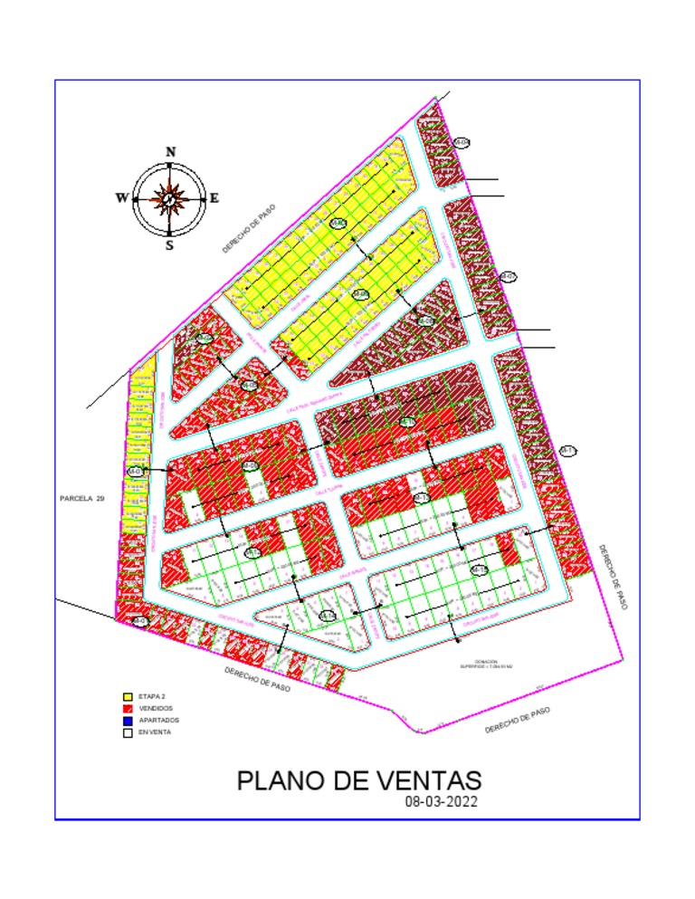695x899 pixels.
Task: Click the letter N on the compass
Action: pyautogui.click(x=170, y=152)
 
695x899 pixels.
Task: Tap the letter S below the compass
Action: pyautogui.click(x=169, y=244)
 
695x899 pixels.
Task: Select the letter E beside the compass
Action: pyautogui.click(x=214, y=198)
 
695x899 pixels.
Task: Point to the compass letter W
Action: pyautogui.click(x=121, y=198)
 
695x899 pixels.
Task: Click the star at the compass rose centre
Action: pyautogui.click(x=169, y=196)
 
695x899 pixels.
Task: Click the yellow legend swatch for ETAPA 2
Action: pyautogui.click(x=128, y=696)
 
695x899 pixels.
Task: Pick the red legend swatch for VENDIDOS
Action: pyautogui.click(x=128, y=708)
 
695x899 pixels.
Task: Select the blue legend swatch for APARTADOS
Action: pyautogui.click(x=128, y=721)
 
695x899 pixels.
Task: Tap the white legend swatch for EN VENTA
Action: pyautogui.click(x=128, y=732)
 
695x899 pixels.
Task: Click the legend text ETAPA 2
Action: pyautogui.click(x=150, y=696)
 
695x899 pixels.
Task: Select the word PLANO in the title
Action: pyautogui.click(x=278, y=780)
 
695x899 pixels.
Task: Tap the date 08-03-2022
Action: pyautogui.click(x=442, y=802)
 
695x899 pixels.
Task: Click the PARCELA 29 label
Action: pyautogui.click(x=82, y=498)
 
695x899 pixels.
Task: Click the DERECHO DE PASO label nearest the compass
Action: pyautogui.click(x=249, y=229)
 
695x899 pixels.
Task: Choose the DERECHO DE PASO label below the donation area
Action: pyautogui.click(x=517, y=721)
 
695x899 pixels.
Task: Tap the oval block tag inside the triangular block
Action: pyautogui.click(x=328, y=616)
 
